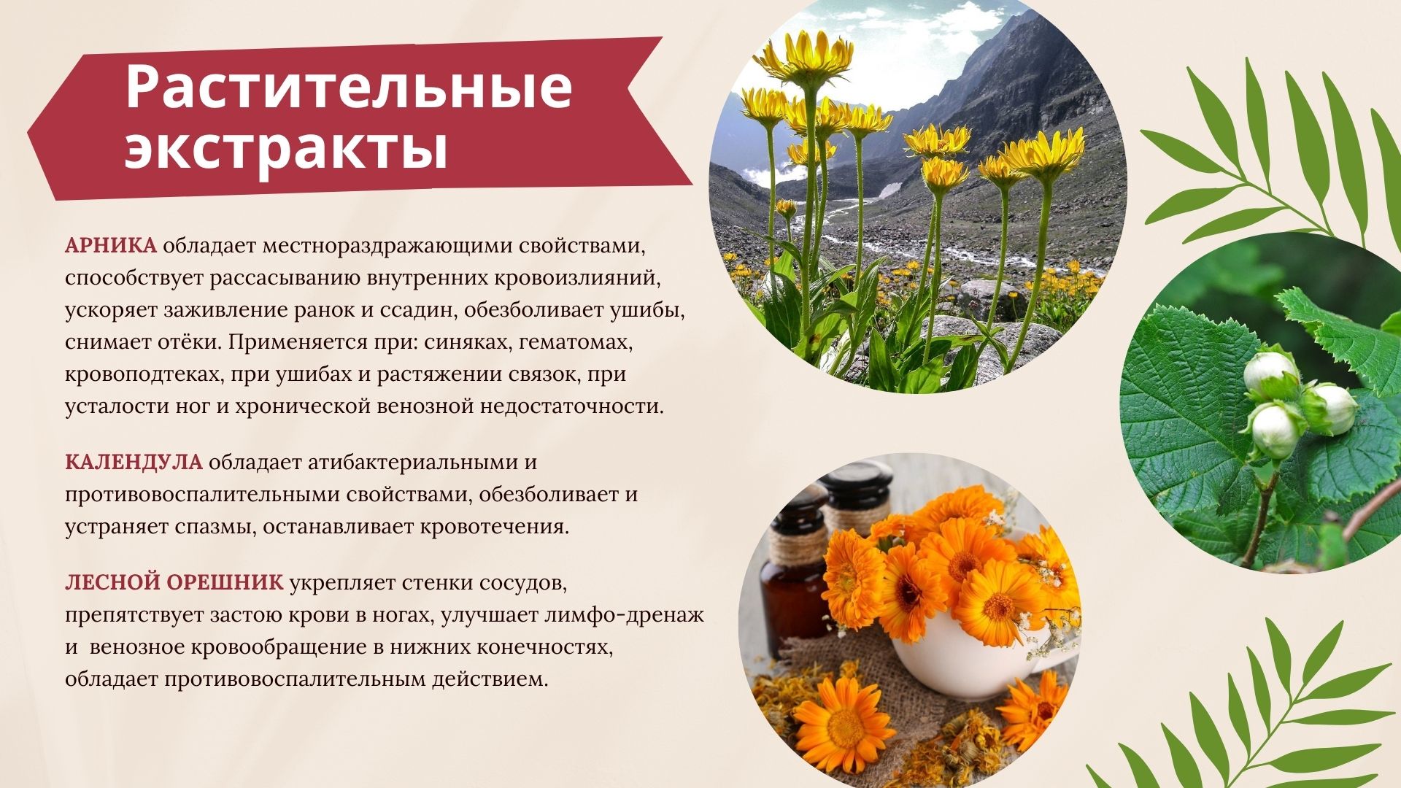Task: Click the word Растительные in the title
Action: [349, 86]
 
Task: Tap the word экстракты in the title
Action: [286, 149]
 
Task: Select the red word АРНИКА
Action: [111, 246]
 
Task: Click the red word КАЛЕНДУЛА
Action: [134, 463]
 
